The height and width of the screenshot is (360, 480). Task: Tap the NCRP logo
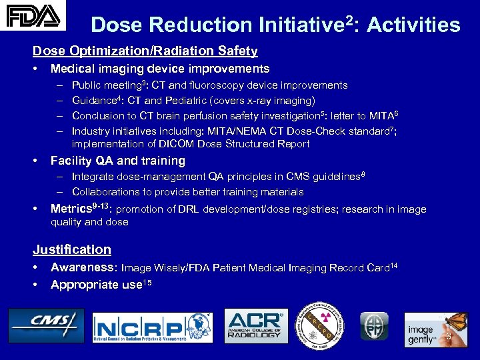click(152, 328)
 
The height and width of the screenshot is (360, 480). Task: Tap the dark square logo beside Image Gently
click(374, 326)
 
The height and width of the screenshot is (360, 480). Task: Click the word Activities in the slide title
click(413, 25)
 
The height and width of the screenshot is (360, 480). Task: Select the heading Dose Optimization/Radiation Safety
click(145, 51)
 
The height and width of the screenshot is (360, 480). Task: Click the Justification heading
click(72, 249)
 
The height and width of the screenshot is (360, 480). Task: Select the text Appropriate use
click(97, 285)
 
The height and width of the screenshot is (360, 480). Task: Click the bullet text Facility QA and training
click(117, 161)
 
